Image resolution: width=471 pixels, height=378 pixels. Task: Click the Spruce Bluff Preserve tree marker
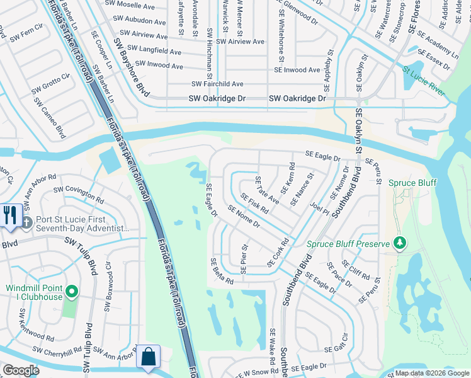[x=399, y=243]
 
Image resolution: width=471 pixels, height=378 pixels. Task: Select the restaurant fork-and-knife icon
[x=11, y=215]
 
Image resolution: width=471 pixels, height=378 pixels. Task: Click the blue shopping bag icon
[x=149, y=356]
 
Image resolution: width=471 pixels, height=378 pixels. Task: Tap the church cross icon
[x=26, y=222]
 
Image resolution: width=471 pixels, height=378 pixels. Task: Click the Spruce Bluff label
[x=412, y=183]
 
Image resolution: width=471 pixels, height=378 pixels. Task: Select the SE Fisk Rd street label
[x=254, y=203]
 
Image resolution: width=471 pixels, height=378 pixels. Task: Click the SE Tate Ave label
[x=267, y=189]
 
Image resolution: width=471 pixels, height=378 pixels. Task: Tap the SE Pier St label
[x=244, y=259]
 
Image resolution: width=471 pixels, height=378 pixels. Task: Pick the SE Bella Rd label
[x=222, y=271]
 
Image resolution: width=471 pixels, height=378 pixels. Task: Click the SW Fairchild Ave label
[x=217, y=84]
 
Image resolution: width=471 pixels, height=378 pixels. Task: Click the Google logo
[x=21, y=370]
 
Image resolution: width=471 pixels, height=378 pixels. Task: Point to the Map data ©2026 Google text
[x=431, y=373]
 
